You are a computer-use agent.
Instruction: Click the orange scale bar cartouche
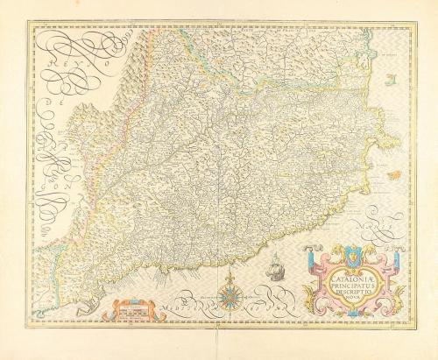pyautogui.click(x=128, y=307)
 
